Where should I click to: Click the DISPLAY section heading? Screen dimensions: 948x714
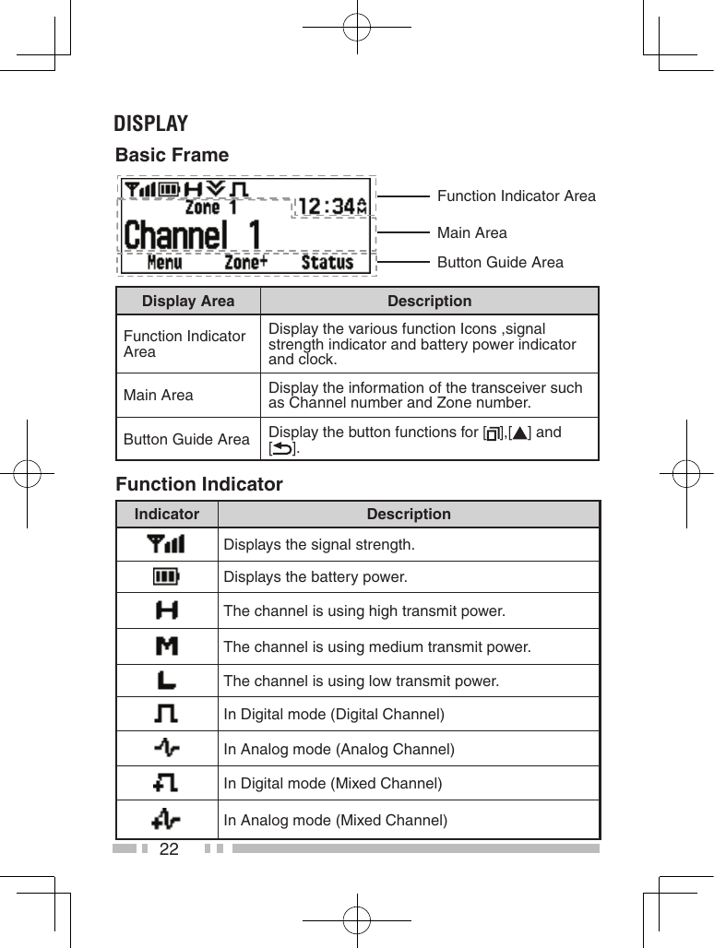150,124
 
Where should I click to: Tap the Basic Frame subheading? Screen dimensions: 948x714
172,155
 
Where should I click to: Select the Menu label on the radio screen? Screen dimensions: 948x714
164,262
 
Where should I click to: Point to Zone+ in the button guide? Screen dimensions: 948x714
246,262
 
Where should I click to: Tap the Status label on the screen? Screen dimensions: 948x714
327,262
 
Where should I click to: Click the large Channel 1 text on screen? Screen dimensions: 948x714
192,234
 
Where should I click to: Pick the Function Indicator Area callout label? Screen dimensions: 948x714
516,196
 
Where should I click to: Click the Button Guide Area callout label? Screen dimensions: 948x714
500,262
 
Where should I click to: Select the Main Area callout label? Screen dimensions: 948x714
471,232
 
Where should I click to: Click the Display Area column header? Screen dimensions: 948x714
188,302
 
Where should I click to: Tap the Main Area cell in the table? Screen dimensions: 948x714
159,395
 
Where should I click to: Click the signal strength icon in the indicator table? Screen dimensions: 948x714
167,544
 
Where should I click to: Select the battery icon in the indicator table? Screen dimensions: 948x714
167,577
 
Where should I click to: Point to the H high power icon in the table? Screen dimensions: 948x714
167,610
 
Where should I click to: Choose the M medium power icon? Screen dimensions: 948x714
167,646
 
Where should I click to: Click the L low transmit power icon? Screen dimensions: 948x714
167,681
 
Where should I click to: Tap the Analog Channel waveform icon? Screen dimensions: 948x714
167,748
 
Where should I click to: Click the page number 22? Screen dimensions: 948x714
169,848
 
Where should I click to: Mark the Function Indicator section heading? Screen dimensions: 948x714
199,484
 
